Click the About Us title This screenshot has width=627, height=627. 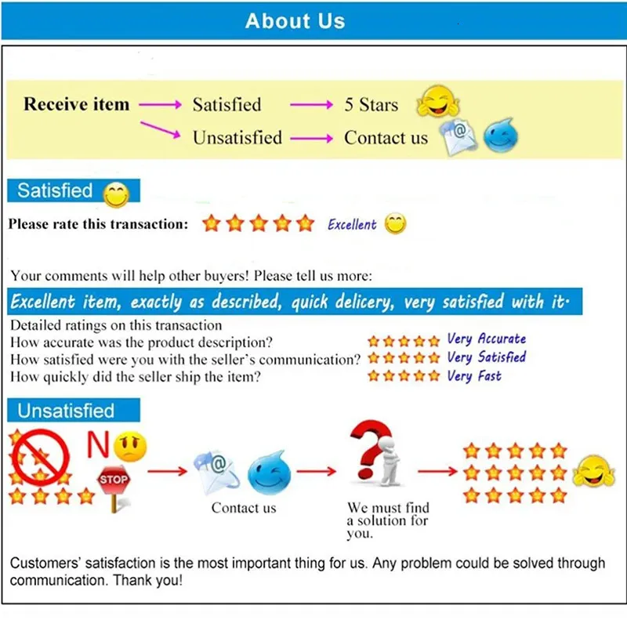295,21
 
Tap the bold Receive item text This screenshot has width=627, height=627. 76,104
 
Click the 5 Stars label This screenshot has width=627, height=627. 371,105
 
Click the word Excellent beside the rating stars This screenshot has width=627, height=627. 352,225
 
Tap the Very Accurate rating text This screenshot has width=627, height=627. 486,339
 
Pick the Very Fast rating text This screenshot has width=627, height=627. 473,376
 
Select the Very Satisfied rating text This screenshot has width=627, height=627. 486,357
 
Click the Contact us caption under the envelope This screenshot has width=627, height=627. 244,508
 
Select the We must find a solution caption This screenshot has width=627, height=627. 387,520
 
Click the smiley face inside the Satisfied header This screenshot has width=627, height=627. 116,194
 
